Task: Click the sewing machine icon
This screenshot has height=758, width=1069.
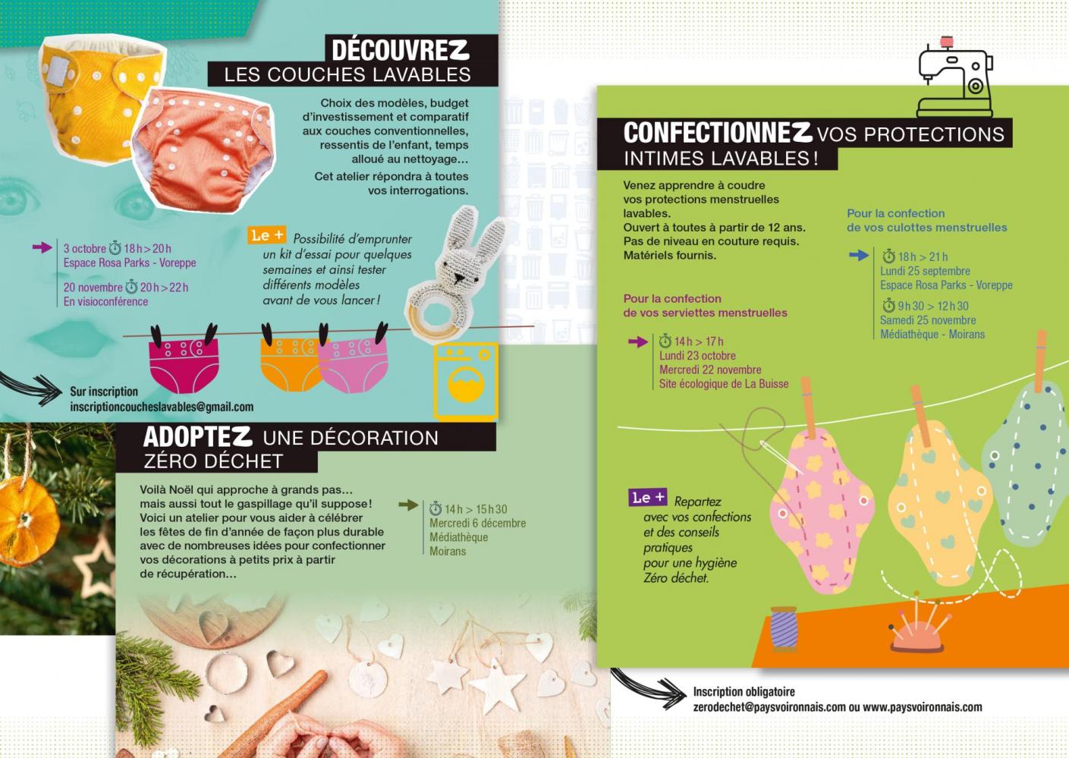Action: click(x=954, y=79)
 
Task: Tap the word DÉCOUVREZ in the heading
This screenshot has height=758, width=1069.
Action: click(x=400, y=50)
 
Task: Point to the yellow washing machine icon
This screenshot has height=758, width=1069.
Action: click(x=465, y=381)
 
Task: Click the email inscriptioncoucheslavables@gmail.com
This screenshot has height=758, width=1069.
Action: click(x=162, y=407)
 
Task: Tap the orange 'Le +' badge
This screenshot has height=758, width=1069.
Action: click(x=266, y=235)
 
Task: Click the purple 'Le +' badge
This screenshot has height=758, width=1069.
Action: click(x=648, y=498)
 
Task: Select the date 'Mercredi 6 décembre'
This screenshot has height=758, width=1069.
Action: click(x=477, y=523)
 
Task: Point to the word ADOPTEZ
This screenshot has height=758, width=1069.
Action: click(x=197, y=436)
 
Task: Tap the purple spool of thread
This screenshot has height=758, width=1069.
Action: click(x=784, y=628)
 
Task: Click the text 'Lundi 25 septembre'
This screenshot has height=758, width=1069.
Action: click(x=925, y=271)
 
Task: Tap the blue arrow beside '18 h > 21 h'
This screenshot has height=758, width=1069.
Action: click(x=859, y=256)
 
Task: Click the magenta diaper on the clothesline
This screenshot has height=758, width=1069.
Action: click(x=183, y=363)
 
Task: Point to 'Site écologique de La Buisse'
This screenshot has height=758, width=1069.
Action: click(x=724, y=384)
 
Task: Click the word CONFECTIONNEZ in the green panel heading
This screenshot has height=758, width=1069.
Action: click(x=717, y=133)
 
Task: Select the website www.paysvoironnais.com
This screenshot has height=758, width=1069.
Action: click(x=922, y=707)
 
